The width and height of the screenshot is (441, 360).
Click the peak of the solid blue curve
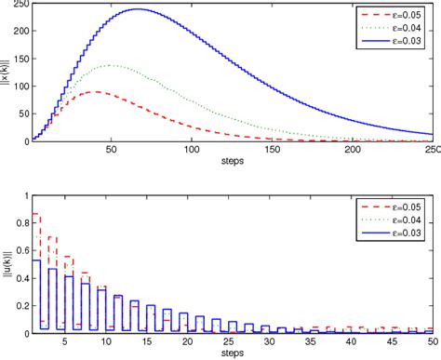[139, 9]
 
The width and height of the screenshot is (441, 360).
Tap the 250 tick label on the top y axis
[19, 5]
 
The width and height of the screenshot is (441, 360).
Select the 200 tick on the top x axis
[353, 150]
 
